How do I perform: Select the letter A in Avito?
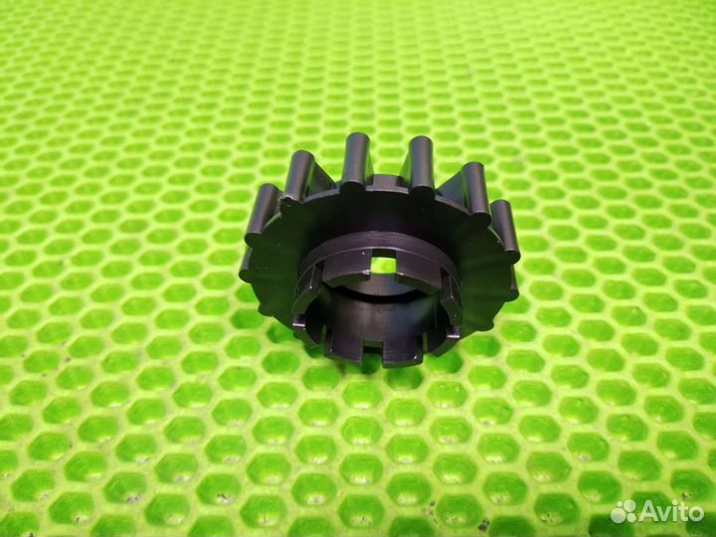point(648,511)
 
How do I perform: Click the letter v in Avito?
point(665,514)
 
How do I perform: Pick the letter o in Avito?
point(696,514)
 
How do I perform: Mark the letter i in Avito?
point(674,511)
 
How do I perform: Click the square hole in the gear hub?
point(383,264)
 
